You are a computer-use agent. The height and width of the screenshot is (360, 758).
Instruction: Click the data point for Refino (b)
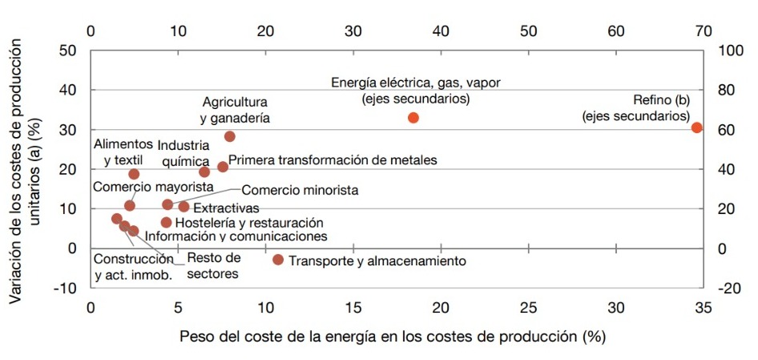tap(696, 127)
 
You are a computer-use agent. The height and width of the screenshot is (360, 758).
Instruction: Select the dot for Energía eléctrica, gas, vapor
tap(413, 117)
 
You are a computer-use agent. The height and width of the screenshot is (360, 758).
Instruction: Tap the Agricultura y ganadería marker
tap(229, 136)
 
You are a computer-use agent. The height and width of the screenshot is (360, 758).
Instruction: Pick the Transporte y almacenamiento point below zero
tap(278, 259)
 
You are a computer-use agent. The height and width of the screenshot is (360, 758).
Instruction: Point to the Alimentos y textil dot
tap(134, 174)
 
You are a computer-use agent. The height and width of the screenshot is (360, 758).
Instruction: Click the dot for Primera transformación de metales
tap(223, 167)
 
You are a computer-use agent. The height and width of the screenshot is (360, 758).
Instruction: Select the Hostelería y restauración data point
tap(167, 222)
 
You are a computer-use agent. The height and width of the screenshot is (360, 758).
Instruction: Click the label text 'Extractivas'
tap(221, 208)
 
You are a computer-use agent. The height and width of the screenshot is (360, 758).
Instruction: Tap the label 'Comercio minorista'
tap(300, 191)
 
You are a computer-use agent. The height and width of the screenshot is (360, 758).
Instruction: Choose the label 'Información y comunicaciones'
tap(236, 237)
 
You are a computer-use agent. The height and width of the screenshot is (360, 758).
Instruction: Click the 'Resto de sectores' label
tap(213, 265)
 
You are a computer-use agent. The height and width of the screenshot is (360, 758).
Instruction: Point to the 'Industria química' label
tap(183, 153)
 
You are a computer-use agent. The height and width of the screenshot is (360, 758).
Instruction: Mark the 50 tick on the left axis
tap(70, 51)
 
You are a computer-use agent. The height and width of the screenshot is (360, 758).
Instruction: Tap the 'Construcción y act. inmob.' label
tap(132, 267)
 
